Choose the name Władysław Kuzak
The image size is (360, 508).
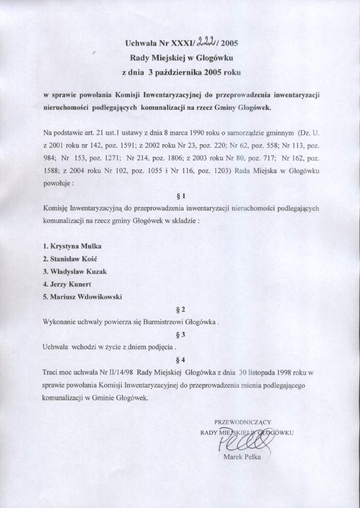click(x=74, y=272)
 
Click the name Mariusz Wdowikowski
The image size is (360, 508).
click(x=82, y=296)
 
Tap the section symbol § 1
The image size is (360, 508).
click(x=181, y=196)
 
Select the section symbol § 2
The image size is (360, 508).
click(x=181, y=309)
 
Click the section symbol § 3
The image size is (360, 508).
click(x=181, y=334)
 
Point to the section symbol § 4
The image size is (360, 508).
click(x=181, y=359)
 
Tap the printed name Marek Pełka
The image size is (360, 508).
click(x=242, y=457)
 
